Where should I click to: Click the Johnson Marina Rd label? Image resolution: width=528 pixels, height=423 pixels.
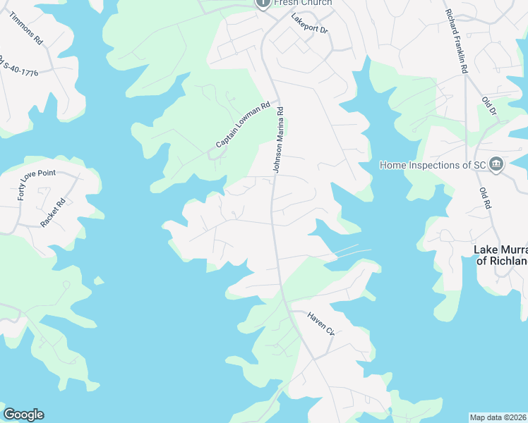(279, 140)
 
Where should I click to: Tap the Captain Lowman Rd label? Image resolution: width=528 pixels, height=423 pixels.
(244, 125)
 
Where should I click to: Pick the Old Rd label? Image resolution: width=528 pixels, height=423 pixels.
(485, 198)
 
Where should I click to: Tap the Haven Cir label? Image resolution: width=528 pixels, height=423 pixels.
(320, 325)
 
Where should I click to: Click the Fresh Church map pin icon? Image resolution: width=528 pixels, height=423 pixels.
(263, 4)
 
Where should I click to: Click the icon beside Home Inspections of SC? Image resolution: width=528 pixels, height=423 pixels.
(496, 164)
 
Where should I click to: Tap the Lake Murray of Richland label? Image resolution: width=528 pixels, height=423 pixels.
(500, 255)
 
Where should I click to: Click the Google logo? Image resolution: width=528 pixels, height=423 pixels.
(23, 415)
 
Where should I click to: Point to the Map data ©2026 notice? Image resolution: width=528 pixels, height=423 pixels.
(498, 417)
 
